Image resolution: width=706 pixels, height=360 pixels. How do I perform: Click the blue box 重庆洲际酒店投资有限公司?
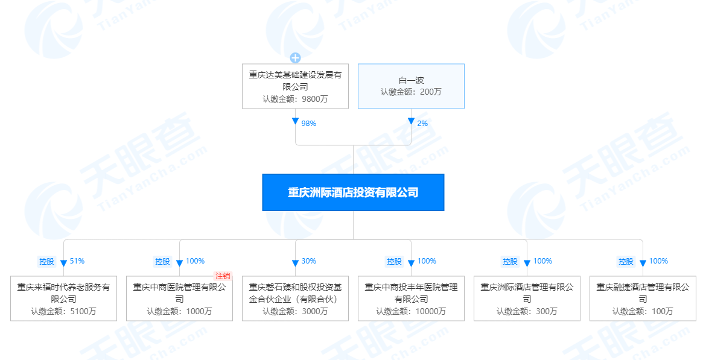(353, 192)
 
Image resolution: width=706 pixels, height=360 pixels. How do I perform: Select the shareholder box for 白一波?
(411, 86)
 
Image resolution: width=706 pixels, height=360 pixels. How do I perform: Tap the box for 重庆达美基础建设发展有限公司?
(295, 86)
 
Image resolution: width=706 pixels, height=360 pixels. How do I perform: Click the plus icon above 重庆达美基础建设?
(295, 58)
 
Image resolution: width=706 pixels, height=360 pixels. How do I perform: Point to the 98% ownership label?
(309, 123)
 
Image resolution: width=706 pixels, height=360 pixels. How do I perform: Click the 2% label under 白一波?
(422, 123)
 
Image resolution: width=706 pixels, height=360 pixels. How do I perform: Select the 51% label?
(77, 261)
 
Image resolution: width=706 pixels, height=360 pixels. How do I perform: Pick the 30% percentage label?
(309, 261)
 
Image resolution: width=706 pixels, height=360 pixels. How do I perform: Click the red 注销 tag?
(223, 276)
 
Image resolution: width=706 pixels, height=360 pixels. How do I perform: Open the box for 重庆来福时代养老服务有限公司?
(63, 298)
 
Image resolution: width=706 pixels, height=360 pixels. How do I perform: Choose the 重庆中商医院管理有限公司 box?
(179, 298)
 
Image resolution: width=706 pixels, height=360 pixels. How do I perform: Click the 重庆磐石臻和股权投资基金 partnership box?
(295, 298)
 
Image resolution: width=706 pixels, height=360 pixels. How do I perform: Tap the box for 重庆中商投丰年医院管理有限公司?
(411, 298)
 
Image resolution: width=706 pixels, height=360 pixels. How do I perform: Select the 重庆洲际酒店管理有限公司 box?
(527, 298)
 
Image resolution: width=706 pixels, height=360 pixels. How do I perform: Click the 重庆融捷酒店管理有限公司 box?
(643, 298)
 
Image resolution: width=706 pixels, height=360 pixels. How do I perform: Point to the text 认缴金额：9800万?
(295, 99)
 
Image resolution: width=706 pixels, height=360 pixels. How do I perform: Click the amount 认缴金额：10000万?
(411, 312)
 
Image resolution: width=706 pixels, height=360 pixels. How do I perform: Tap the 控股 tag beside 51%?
(46, 262)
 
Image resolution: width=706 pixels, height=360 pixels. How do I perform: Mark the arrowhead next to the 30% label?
(295, 263)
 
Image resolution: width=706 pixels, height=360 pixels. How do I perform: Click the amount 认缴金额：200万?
(411, 92)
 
